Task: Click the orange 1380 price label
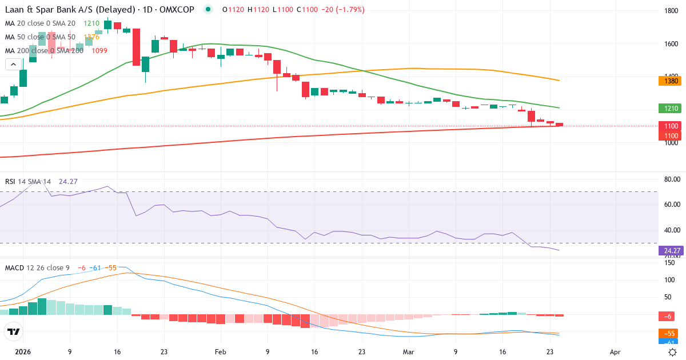[x=671, y=81]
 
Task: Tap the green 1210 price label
[x=671, y=108]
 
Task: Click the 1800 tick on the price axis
[x=671, y=11]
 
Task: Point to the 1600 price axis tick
[x=671, y=43]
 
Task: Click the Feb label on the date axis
[x=220, y=352]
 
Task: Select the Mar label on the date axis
[x=408, y=352]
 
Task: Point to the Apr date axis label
[x=615, y=352]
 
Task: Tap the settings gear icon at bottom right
[x=673, y=352]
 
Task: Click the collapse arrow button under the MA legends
[x=13, y=65]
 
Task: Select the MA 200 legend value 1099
[x=99, y=50]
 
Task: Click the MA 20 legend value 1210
[x=91, y=23]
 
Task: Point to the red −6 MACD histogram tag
[x=668, y=317]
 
